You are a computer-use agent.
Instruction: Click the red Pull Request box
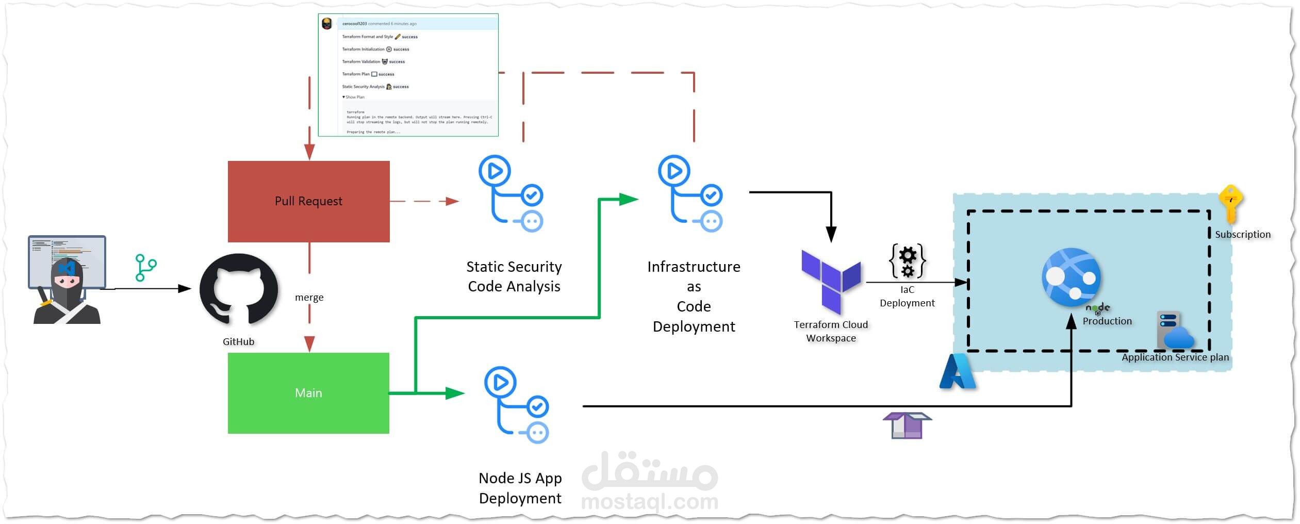[x=308, y=201]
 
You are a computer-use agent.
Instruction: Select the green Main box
[x=308, y=393]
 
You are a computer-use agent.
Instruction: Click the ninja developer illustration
[x=67, y=281]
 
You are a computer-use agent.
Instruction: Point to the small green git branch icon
[x=146, y=268]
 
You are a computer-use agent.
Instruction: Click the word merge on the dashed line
[x=309, y=298]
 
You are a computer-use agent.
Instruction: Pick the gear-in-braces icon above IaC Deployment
[x=908, y=261]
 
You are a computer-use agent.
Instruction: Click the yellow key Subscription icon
[x=1231, y=204]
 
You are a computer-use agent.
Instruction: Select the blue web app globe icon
[x=1071, y=277]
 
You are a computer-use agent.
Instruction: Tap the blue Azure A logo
[x=957, y=372]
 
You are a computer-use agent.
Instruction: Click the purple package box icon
[x=907, y=425]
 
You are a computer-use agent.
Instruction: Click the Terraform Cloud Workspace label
[x=831, y=331]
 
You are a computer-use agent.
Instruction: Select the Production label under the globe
[x=1107, y=321]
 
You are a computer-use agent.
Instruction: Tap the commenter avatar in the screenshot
[x=327, y=24]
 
